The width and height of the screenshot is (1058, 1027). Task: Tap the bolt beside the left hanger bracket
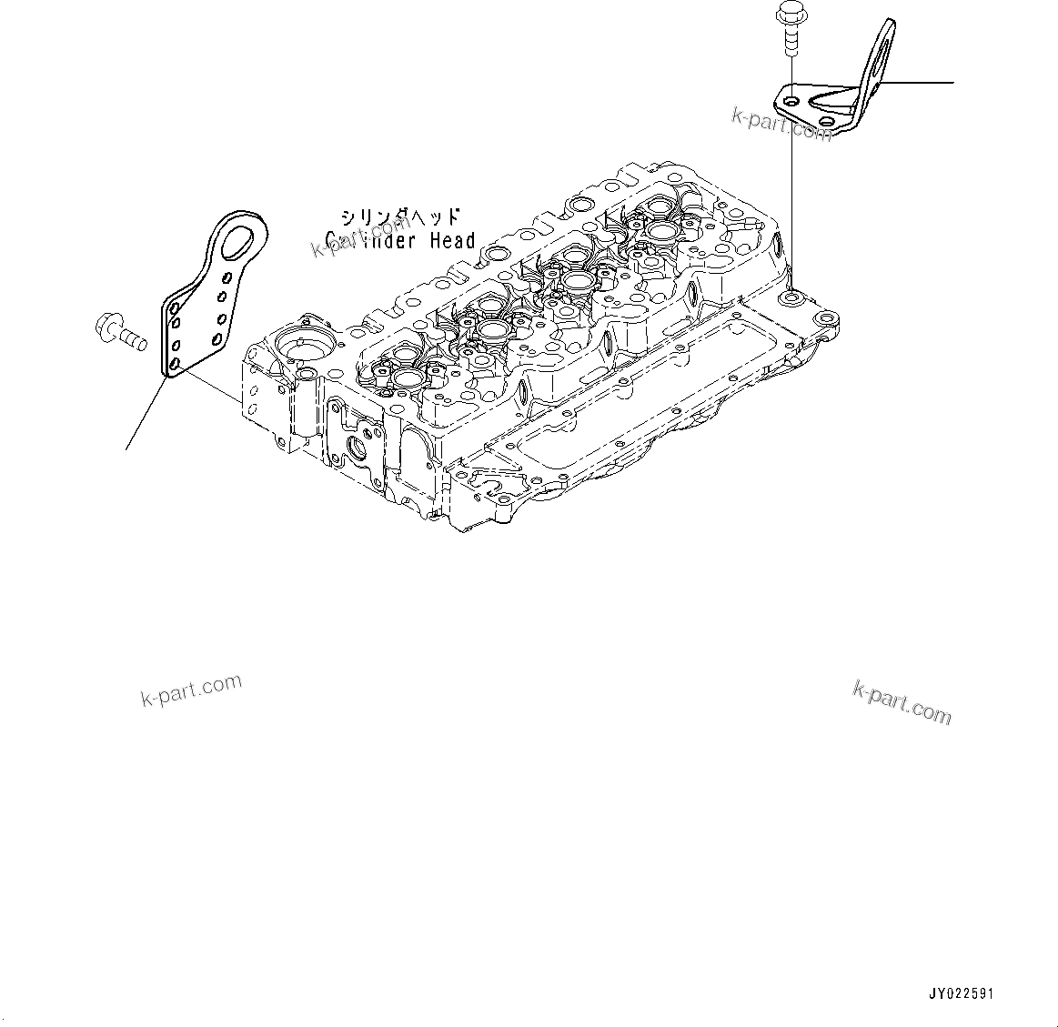118,331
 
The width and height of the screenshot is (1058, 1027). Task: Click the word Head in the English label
451,241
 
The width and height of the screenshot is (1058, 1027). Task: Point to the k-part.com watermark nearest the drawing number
902,703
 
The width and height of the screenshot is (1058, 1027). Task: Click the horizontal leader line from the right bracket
919,82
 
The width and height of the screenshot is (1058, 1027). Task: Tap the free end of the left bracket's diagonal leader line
126,448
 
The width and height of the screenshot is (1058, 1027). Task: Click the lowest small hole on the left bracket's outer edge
173,366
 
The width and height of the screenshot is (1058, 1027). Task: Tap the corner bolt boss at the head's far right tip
825,319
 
